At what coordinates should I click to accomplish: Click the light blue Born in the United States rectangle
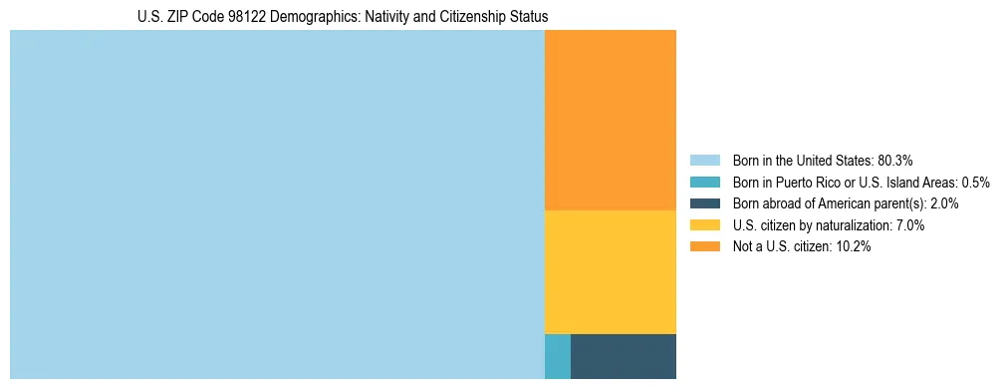[x=277, y=204]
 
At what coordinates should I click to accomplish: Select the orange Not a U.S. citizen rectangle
[x=610, y=120]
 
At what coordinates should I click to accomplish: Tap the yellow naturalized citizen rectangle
[x=610, y=271]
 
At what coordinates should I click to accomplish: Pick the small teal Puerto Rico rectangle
[x=557, y=356]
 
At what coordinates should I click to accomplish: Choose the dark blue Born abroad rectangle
[x=623, y=356]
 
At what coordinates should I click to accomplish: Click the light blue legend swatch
[x=704, y=160]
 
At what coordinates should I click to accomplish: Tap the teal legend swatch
[x=704, y=182]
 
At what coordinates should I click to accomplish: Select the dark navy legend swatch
[x=704, y=203]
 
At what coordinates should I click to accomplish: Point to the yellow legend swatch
[x=704, y=225]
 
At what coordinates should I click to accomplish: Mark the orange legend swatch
[x=704, y=247]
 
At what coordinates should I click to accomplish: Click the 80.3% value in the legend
[x=895, y=160]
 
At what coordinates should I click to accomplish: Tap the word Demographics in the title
[x=301, y=17]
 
